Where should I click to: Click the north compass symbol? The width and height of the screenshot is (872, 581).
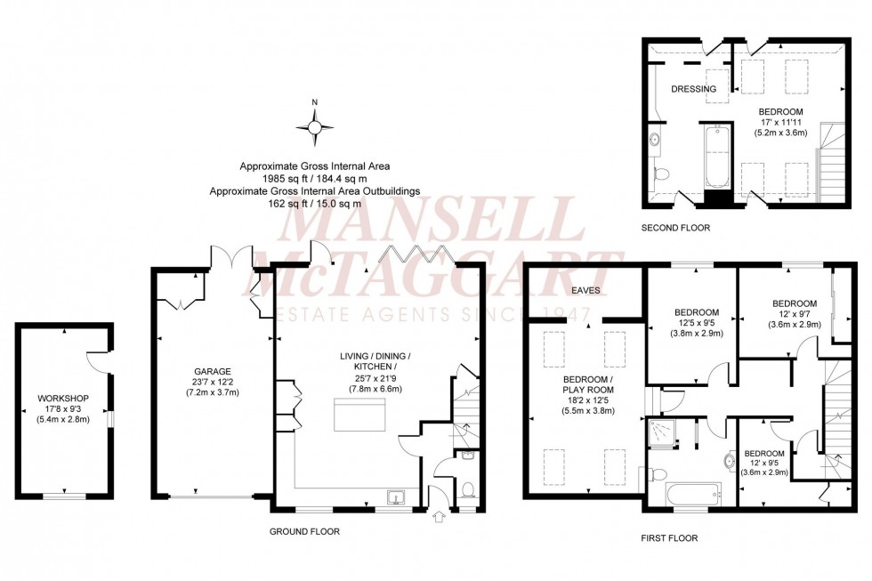[314, 130]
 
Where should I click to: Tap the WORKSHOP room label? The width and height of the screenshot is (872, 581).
[63, 398]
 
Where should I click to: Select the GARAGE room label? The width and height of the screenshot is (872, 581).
[213, 371]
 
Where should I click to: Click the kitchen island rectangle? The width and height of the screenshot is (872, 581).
[363, 416]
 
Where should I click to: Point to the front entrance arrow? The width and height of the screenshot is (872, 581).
[436, 516]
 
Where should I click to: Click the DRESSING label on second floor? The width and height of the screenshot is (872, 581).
[693, 89]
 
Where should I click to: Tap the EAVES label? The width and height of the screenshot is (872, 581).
[586, 291]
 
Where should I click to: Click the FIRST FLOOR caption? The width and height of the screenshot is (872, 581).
[668, 538]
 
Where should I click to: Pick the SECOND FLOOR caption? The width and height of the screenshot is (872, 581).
[676, 228]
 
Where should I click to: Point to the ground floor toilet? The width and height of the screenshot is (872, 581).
[468, 489]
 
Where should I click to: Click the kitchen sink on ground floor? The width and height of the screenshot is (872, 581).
[394, 498]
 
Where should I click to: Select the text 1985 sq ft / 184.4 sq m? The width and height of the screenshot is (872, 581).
[314, 178]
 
